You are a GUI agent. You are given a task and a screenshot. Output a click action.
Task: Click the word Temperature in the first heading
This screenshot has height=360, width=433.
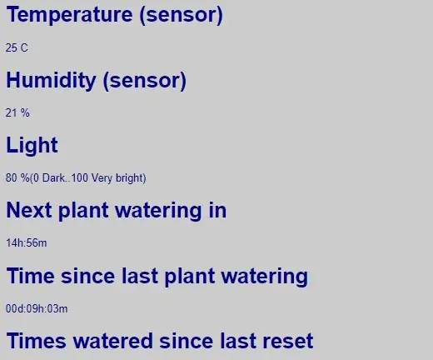point(69,15)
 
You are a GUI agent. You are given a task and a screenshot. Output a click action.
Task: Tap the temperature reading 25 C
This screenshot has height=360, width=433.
point(17,47)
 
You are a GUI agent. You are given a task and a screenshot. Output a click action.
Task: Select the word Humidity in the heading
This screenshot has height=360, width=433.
point(51,81)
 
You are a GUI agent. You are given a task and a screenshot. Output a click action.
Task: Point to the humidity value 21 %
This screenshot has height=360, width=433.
point(17,113)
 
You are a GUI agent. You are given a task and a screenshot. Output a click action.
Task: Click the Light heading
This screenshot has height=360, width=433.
point(32,145)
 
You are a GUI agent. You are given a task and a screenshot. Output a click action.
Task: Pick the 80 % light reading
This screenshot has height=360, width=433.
point(17,177)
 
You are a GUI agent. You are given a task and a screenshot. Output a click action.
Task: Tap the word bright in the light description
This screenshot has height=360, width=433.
point(131,178)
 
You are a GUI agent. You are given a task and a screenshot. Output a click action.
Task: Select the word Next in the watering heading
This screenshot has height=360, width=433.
point(29,210)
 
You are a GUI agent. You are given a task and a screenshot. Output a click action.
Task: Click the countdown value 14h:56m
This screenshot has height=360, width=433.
point(27,243)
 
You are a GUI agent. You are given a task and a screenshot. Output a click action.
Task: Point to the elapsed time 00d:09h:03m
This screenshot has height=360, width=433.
point(37,308)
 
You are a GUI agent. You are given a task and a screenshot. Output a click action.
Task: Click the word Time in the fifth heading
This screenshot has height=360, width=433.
point(31,276)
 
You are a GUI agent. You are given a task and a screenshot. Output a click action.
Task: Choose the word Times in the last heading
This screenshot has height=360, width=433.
point(37,341)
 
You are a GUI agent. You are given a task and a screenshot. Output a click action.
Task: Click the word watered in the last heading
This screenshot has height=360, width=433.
point(113,341)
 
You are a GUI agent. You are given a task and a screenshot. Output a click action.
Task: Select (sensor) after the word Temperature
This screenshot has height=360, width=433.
point(181,15)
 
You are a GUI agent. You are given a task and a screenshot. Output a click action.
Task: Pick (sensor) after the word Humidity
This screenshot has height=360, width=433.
point(144,81)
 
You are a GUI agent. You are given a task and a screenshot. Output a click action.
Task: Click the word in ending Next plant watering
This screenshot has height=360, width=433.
point(217,210)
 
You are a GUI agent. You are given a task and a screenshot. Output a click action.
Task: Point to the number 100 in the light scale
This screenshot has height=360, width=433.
point(80,177)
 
